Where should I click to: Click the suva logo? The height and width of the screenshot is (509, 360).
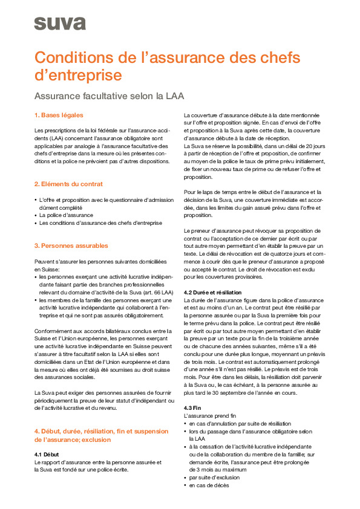pyautogui.click(x=59, y=24)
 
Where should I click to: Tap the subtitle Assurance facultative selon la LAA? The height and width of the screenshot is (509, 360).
pyautogui.click(x=109, y=96)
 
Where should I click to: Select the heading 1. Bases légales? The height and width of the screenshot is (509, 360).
pyautogui.click(x=59, y=115)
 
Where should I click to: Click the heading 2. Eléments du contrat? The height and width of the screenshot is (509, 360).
pyautogui.click(x=68, y=184)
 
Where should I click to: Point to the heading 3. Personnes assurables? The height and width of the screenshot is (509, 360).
pyautogui.click(x=71, y=246)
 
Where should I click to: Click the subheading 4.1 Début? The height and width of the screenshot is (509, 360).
pyautogui.click(x=48, y=453)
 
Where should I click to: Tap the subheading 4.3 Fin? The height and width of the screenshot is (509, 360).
pyautogui.click(x=192, y=408)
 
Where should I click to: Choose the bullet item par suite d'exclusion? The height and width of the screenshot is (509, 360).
pyautogui.click(x=215, y=478)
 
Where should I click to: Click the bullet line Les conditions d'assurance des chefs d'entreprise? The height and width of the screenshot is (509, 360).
pyautogui.click(x=100, y=222)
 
